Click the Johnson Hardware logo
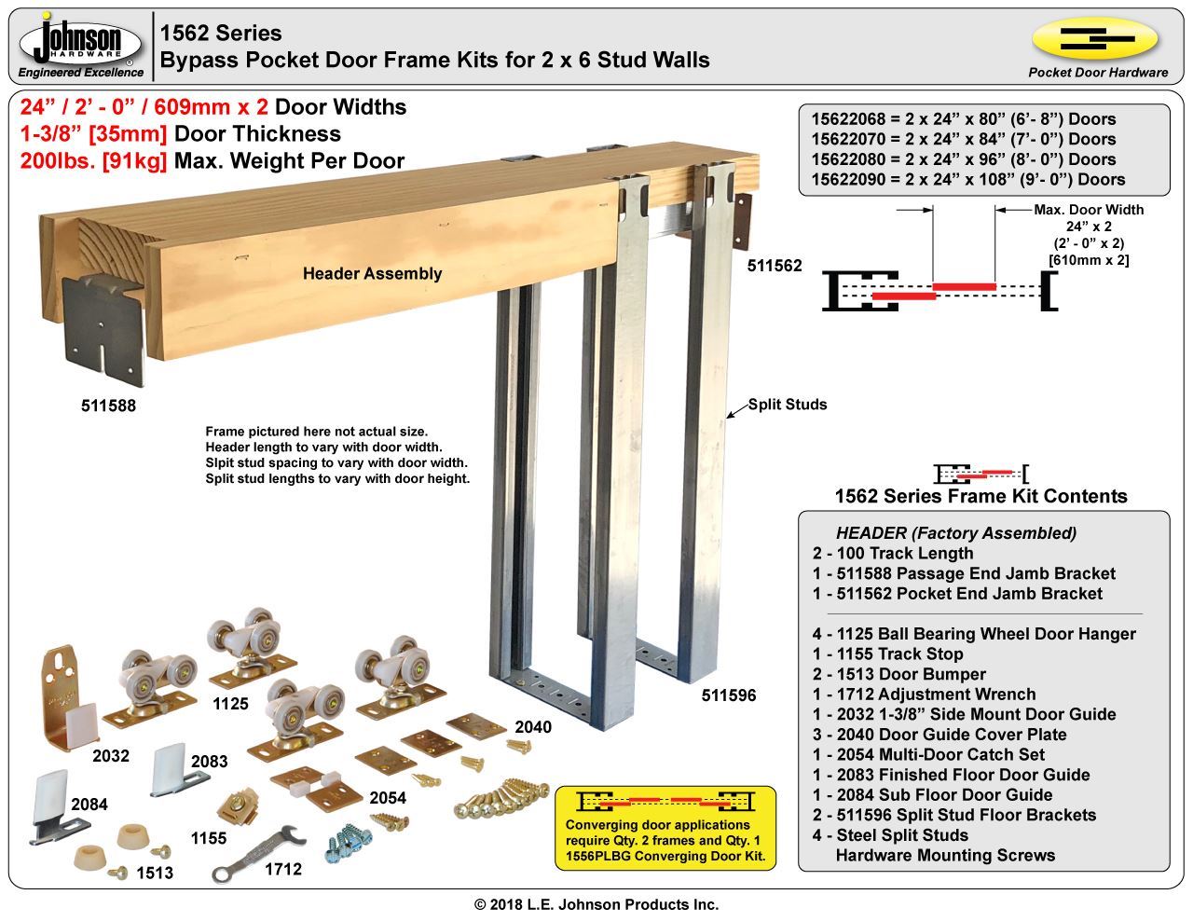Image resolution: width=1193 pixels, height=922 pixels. coord(82,44)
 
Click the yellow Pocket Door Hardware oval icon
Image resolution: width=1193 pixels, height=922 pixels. coord(1095,39)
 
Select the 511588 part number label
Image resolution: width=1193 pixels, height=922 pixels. coord(108,406)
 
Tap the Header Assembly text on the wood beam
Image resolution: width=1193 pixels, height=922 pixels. coord(372,273)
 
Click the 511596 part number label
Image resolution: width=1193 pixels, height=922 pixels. coord(729,695)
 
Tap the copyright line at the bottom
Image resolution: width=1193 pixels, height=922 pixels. coord(596,904)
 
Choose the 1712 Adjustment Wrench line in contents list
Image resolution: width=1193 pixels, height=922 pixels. coord(924,694)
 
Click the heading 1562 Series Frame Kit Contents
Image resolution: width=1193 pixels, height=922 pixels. coord(980,496)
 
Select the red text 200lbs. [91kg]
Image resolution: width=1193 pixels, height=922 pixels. coord(93,160)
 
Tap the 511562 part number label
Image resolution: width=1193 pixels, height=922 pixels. coord(775,266)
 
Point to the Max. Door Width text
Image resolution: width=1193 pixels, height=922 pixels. coord(1089,210)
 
